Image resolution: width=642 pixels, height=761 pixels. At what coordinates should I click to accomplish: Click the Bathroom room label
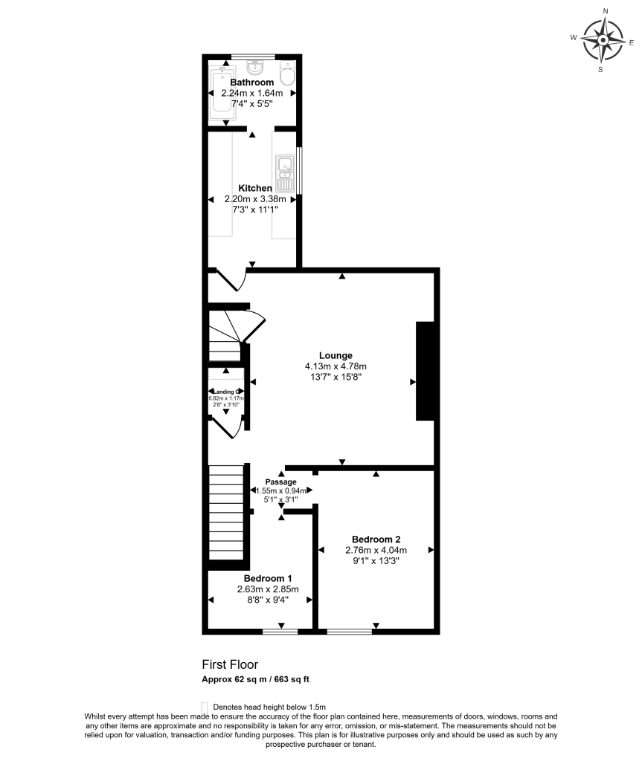tap(251, 82)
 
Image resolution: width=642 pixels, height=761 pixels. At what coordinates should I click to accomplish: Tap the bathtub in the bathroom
tap(221, 92)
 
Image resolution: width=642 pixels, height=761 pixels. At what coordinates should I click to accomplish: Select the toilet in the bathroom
tap(288, 74)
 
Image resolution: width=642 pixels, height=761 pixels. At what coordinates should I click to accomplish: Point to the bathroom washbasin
tap(252, 67)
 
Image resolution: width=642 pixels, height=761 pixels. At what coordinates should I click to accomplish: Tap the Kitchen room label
tap(254, 188)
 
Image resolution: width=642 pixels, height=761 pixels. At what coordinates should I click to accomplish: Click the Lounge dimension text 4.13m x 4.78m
tap(336, 366)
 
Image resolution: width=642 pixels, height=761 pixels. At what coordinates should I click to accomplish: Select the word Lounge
tap(336, 355)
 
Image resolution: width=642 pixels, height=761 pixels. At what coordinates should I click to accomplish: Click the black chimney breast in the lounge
tap(425, 371)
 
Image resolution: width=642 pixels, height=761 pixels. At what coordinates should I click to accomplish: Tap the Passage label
tap(281, 481)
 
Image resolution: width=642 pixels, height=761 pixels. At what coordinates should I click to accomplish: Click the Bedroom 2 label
tap(376, 539)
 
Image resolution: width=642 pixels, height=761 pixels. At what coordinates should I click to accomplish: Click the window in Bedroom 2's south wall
tap(350, 632)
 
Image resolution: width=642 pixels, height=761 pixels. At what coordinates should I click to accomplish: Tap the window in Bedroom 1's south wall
tap(280, 632)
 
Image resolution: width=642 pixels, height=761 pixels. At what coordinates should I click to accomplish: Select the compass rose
tap(602, 40)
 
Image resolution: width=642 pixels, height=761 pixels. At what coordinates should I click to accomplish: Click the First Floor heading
tap(230, 664)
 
